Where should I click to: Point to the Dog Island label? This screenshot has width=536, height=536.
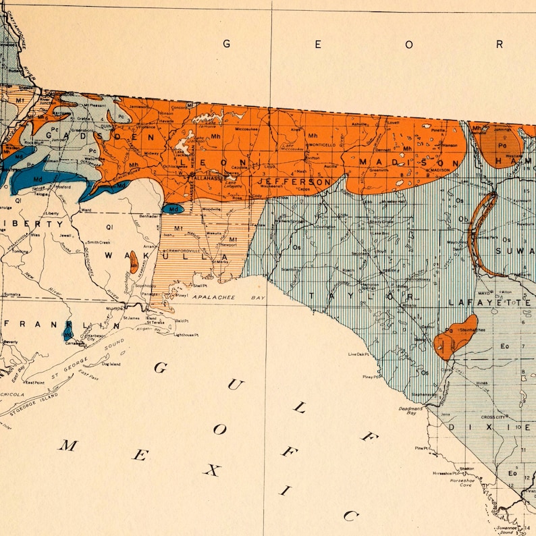[x=111, y=364]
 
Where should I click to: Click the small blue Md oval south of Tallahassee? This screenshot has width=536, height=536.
[x=173, y=210]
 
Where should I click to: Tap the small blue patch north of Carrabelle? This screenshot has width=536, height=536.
[x=68, y=331]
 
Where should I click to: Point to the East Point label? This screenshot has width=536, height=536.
[x=35, y=383]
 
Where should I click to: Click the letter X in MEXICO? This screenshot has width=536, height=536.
[x=211, y=470]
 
